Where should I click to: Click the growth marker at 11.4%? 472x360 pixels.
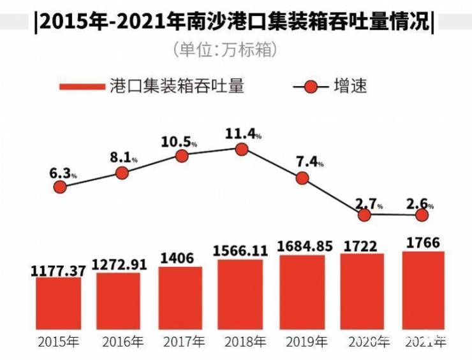[241, 149]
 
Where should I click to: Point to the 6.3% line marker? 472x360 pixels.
[60, 187]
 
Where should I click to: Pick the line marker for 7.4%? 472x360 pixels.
[302, 178]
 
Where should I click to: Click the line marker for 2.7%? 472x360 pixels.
[364, 215]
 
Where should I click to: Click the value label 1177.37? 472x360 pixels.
[58, 271]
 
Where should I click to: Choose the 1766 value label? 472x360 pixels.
[423, 243]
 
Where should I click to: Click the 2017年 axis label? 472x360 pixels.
[182, 342]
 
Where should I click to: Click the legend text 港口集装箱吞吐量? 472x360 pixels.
[177, 86]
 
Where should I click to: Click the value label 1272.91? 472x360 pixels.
[119, 263]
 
